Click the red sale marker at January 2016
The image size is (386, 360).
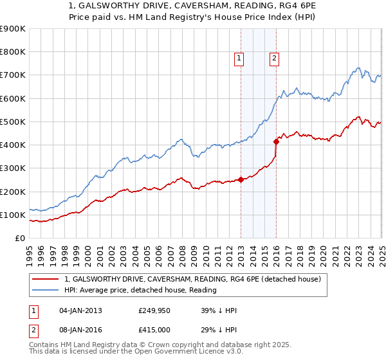click(276, 141)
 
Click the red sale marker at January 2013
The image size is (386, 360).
click(241, 180)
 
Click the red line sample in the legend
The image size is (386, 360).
click(45, 279)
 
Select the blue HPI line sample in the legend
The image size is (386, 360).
click(45, 290)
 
